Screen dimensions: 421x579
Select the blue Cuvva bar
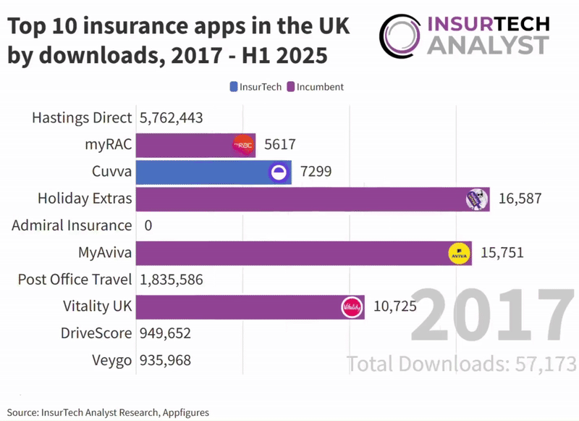click(x=203, y=172)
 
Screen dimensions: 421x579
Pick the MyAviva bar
click(x=289, y=253)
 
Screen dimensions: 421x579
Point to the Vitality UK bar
click(x=239, y=307)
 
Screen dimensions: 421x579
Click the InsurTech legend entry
click(x=255, y=87)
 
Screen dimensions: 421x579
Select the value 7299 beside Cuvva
click(x=316, y=172)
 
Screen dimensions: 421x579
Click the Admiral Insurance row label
click(x=72, y=226)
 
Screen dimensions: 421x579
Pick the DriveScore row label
click(x=96, y=333)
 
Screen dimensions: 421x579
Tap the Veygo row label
click(x=112, y=360)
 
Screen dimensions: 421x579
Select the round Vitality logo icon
click(x=351, y=307)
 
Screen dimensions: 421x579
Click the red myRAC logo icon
click(x=243, y=145)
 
